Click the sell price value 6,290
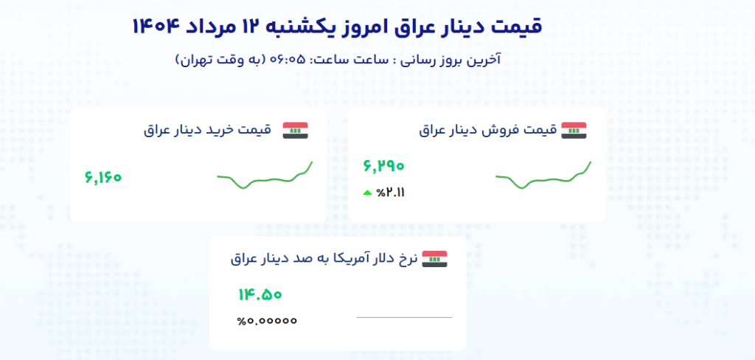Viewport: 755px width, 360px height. (383, 166)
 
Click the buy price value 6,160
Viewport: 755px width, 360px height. (103, 177)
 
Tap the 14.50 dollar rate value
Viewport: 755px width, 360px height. (260, 294)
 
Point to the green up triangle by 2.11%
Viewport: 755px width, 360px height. (367, 193)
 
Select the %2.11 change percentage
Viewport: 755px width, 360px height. (391, 193)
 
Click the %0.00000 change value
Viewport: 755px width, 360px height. (267, 320)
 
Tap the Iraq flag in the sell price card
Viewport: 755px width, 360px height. (574, 131)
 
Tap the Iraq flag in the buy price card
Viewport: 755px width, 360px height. (295, 131)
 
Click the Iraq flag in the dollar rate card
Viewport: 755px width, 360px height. (435, 259)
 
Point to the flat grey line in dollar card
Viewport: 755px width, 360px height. (404, 318)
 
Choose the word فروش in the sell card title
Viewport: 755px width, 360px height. (504, 130)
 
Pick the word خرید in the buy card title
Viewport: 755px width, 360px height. (223, 130)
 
